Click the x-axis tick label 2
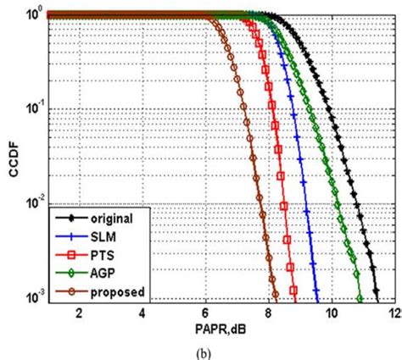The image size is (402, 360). coord(79,313)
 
